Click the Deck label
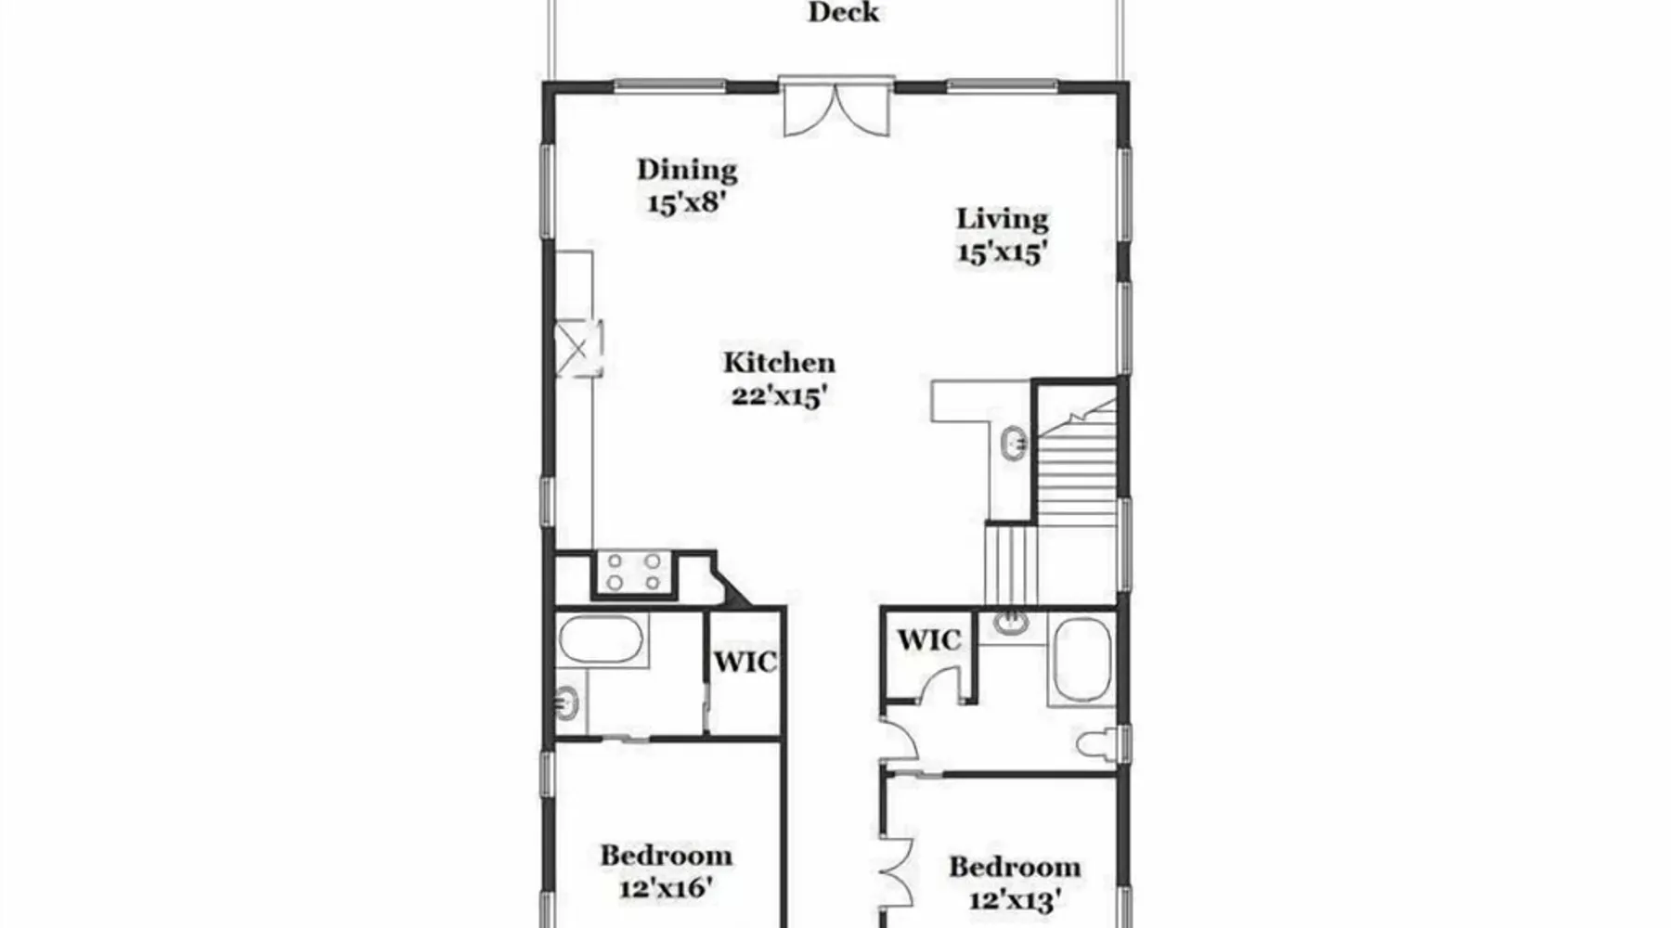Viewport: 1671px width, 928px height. (x=844, y=12)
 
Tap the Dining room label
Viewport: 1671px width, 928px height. (x=687, y=169)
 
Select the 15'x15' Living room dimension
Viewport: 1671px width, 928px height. (x=1003, y=252)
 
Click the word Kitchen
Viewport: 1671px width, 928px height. (x=780, y=362)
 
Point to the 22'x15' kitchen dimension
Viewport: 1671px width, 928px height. (x=780, y=396)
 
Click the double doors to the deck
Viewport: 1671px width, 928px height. (x=836, y=108)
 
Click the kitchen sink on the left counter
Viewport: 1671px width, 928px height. (x=577, y=348)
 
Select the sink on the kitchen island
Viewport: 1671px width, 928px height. (x=1014, y=444)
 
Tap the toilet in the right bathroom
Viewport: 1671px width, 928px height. (x=1097, y=744)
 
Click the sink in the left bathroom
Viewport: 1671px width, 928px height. (x=567, y=703)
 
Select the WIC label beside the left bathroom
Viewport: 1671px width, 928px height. (x=745, y=662)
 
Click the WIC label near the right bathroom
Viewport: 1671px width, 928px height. (x=928, y=639)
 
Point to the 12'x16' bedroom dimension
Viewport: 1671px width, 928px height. (x=666, y=888)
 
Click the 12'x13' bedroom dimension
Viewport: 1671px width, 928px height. (x=1015, y=900)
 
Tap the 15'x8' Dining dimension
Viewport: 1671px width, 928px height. (x=686, y=202)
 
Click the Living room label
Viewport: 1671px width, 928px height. (x=1003, y=219)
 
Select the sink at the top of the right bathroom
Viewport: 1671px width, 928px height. (x=1011, y=623)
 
